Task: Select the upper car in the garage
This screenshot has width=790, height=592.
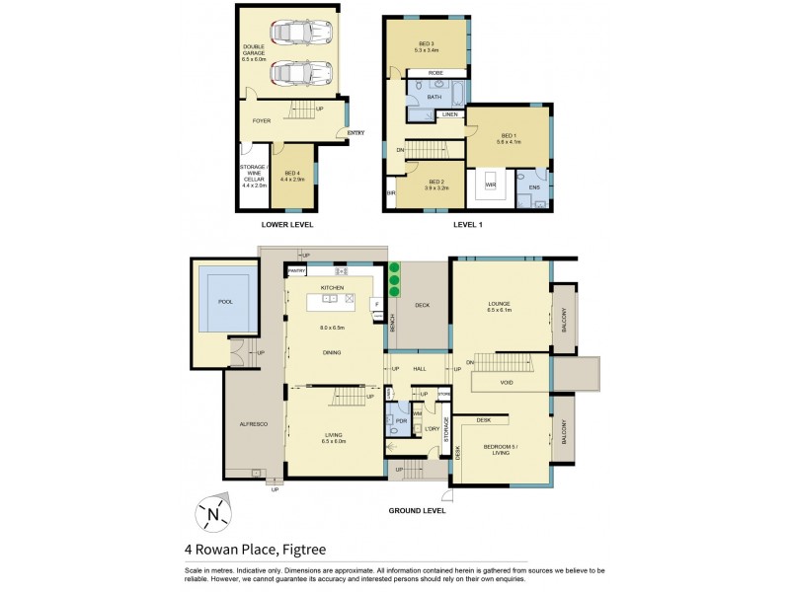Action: pyautogui.click(x=292, y=35)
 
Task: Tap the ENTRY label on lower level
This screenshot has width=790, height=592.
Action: pyautogui.click(x=355, y=134)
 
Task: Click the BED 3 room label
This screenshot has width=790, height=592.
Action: pyautogui.click(x=426, y=42)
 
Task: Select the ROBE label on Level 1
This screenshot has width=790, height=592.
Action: pyautogui.click(x=434, y=74)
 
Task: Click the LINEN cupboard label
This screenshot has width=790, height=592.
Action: pyautogui.click(x=449, y=115)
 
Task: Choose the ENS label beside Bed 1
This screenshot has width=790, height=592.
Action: pyautogui.click(x=534, y=186)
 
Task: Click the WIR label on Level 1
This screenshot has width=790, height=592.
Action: pyautogui.click(x=490, y=184)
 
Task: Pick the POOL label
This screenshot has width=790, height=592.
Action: pyautogui.click(x=225, y=301)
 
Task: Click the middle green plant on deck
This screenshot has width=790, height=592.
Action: pyautogui.click(x=393, y=279)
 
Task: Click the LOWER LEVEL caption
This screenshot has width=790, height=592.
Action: pyautogui.click(x=286, y=225)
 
